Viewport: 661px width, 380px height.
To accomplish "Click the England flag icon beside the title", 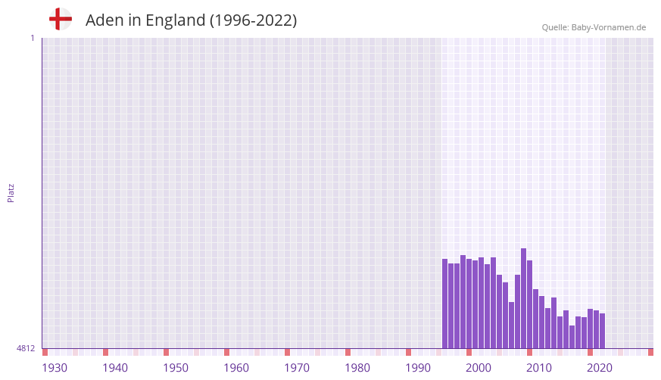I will [x=61, y=19].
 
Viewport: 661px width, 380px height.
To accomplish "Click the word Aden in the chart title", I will [x=103, y=20].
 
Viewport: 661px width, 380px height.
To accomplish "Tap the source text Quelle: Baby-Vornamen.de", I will [x=594, y=27].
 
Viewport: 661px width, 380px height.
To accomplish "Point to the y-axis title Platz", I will [x=11, y=192].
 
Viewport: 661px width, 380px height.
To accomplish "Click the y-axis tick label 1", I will [x=32, y=38].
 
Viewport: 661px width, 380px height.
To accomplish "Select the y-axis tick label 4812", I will [x=26, y=348].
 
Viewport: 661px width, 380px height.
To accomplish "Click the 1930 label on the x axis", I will [x=55, y=368].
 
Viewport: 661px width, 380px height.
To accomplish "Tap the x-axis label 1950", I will [x=176, y=368].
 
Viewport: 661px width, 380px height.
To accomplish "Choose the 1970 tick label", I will [x=297, y=368].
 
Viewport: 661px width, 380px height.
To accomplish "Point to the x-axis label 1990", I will [x=418, y=368].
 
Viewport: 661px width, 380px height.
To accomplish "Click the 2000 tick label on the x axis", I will [x=479, y=368].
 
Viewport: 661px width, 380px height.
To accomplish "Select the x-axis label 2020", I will [x=600, y=368].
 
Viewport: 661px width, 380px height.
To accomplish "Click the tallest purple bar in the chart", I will [x=523, y=298].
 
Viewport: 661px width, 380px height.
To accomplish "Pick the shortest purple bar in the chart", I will [x=572, y=337].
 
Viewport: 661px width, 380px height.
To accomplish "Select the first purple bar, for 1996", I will [x=444, y=304].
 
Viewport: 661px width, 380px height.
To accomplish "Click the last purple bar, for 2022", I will [x=602, y=331].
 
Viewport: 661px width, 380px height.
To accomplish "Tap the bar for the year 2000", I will [x=469, y=304].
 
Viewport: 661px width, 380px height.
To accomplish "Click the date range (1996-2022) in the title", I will [x=254, y=20].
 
